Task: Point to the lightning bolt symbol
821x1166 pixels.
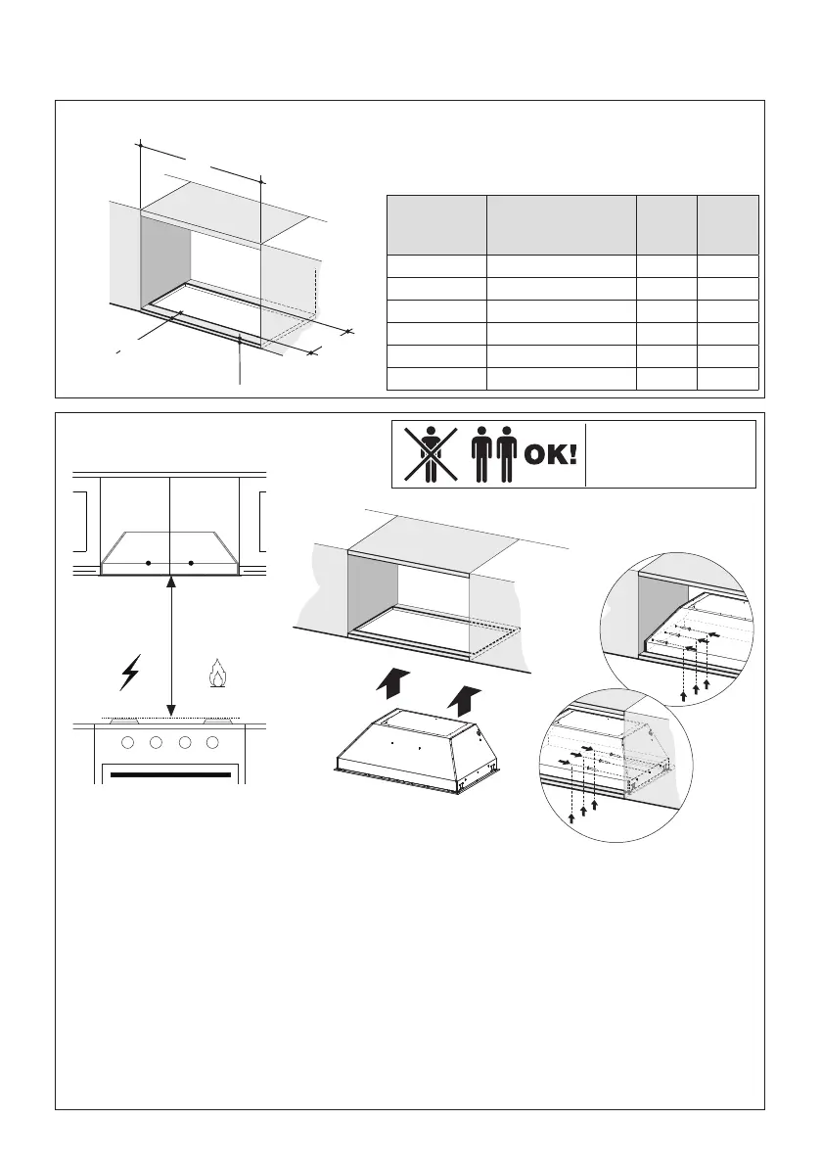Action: click(x=129, y=675)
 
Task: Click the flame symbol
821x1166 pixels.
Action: click(x=216, y=676)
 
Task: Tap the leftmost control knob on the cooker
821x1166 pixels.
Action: click(x=128, y=742)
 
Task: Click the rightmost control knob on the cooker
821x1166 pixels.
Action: click(x=211, y=742)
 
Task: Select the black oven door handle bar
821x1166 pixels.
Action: click(x=171, y=775)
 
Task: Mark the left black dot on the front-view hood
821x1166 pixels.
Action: click(x=148, y=563)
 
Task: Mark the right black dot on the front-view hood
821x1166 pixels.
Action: click(x=192, y=563)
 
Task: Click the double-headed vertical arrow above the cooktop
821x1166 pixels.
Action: click(x=171, y=646)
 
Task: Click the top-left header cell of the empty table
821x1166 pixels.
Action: click(x=436, y=225)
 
